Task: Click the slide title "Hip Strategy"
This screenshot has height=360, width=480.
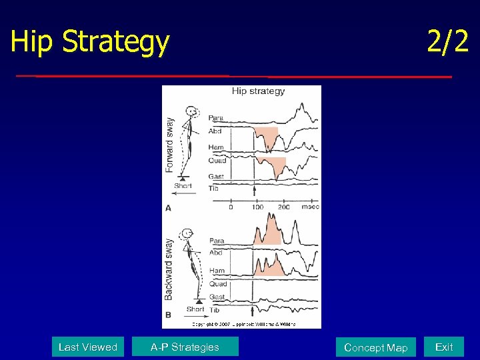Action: pos(90,41)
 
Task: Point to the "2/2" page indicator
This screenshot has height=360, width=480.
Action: pos(447,41)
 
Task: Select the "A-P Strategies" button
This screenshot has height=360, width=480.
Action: pos(185,347)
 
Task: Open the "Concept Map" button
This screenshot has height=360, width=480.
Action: pos(375,347)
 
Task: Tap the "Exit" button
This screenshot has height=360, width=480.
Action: pos(444,347)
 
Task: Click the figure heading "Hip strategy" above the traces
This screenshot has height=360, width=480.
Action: pos(258,91)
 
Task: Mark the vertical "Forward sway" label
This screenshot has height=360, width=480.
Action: pos(169,145)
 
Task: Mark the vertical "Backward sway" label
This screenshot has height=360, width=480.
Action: pos(169,269)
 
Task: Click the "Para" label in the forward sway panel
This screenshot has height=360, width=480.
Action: pos(216,118)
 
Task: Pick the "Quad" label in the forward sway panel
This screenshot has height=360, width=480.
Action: pos(217,161)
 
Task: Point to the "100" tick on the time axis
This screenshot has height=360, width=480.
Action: pos(257,207)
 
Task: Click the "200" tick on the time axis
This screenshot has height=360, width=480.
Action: pos(284,207)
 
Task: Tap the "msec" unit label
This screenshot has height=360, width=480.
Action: pos(309,207)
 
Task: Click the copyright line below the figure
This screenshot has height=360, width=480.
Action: pos(244,324)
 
